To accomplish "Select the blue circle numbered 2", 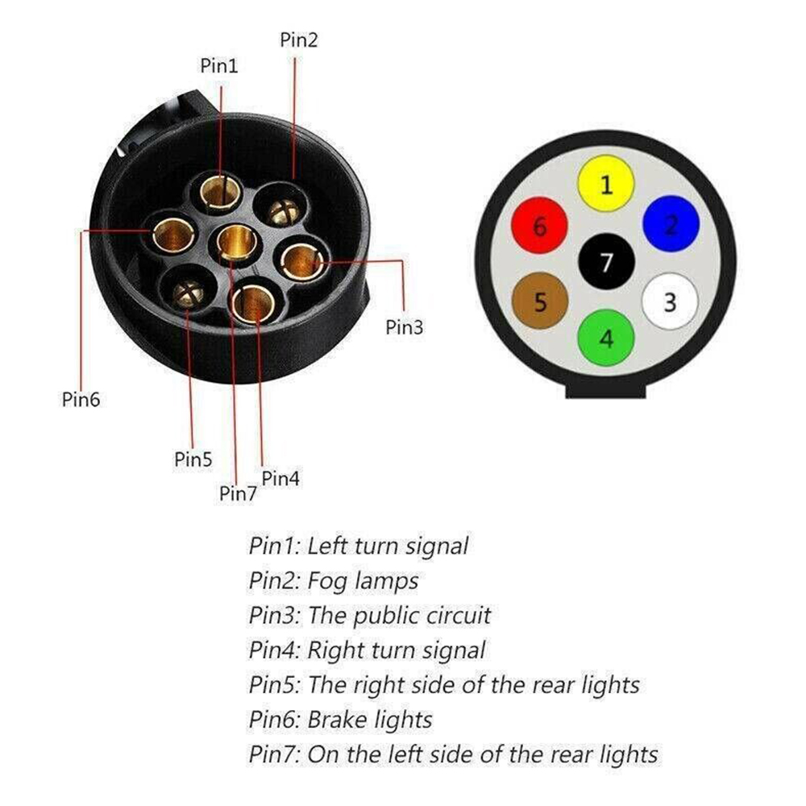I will pos(671,222).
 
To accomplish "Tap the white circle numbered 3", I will pos(670,302).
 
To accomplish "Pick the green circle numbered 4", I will pos(606,338).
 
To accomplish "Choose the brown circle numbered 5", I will pos(540,302).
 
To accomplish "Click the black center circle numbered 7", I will pos(606,262).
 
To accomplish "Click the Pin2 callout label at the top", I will pos(299,39).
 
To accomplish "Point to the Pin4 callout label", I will pos(280,479).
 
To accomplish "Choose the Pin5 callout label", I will pos(193,459).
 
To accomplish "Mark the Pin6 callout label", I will pos(81,399).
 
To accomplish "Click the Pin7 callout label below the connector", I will pos(238,493).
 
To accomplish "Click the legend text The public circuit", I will pos(400,615).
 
